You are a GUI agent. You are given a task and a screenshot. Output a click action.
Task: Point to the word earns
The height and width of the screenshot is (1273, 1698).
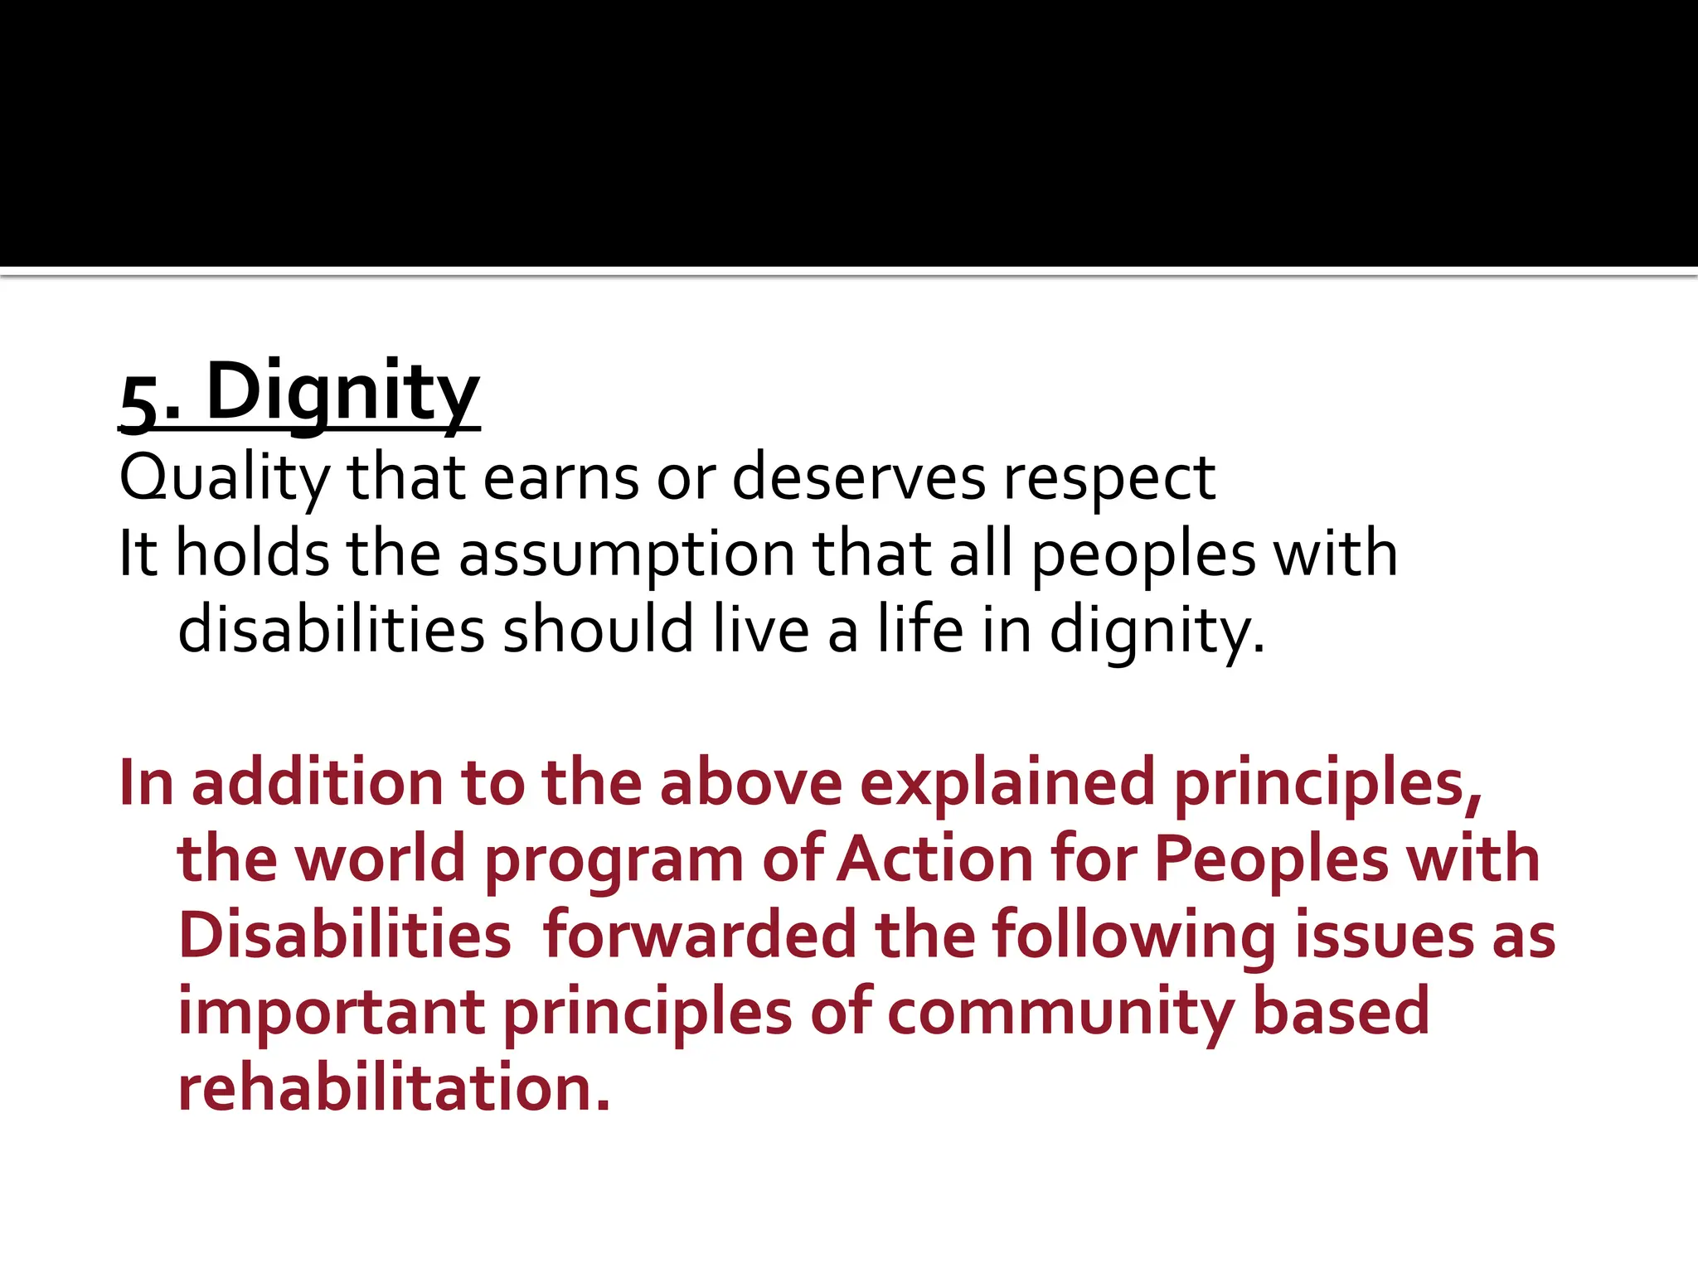tap(560, 478)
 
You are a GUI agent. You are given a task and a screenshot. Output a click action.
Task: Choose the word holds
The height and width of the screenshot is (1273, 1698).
tap(252, 553)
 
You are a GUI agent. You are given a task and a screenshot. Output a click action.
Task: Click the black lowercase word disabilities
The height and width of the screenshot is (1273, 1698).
tap(331, 629)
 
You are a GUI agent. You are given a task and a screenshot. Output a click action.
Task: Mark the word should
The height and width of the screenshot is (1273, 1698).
tap(598, 629)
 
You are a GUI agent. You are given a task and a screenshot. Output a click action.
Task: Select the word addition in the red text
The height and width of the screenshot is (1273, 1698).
tap(318, 782)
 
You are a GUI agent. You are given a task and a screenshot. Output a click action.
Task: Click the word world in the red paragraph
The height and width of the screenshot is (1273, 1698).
tap(381, 859)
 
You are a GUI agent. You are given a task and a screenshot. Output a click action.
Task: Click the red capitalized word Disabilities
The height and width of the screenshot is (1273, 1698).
tap(345, 935)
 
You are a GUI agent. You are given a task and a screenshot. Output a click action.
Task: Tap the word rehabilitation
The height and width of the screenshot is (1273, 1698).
tap(394, 1087)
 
